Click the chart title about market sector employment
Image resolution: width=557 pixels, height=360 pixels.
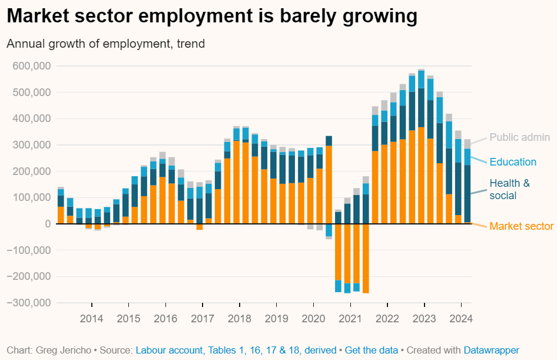(x=212, y=16)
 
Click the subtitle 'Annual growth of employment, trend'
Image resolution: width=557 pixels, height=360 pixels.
(x=106, y=44)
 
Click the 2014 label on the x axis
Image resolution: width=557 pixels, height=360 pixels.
(x=91, y=319)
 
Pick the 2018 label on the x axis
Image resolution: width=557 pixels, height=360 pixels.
(x=239, y=319)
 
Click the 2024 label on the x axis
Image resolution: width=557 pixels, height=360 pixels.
(x=461, y=319)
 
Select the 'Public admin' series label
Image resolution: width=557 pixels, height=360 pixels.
(x=520, y=137)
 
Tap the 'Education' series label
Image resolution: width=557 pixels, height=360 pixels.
(x=513, y=162)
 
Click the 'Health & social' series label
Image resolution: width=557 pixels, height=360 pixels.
(x=509, y=189)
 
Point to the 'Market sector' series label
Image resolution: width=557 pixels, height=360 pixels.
(x=522, y=226)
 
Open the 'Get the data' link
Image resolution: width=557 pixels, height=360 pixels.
(x=371, y=350)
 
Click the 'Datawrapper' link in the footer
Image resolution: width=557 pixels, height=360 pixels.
(x=491, y=350)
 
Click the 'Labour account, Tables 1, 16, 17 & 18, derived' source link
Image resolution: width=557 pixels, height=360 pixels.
(x=236, y=350)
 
